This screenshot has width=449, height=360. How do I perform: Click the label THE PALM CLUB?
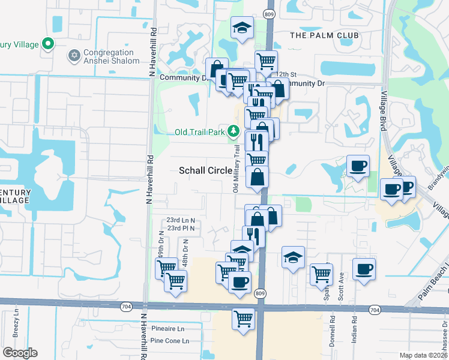(324, 35)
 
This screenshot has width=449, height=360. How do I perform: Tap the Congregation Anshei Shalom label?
(112, 56)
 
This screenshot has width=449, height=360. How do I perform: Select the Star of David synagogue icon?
(75, 56)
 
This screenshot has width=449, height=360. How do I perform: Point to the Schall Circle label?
(206, 170)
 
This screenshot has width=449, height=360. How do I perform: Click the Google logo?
(20, 353)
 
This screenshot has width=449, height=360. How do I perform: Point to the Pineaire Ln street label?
(168, 329)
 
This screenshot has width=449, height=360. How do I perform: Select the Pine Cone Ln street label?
(169, 341)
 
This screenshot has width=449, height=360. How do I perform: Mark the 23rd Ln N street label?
(181, 220)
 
